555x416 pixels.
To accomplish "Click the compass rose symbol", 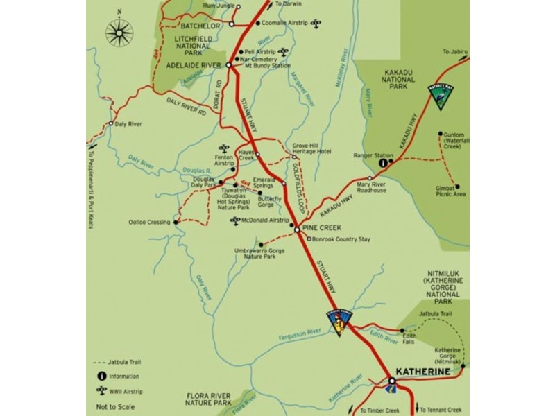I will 119,32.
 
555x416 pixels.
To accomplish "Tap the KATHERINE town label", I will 422,372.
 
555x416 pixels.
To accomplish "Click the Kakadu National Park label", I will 398,80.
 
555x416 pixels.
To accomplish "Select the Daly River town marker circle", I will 110,123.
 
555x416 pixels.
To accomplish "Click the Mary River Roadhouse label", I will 371,187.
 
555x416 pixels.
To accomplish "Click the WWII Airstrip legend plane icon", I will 101,390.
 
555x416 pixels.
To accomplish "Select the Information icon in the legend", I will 101,376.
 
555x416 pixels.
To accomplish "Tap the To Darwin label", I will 289,4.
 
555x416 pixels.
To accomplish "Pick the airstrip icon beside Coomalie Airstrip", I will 316,24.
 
